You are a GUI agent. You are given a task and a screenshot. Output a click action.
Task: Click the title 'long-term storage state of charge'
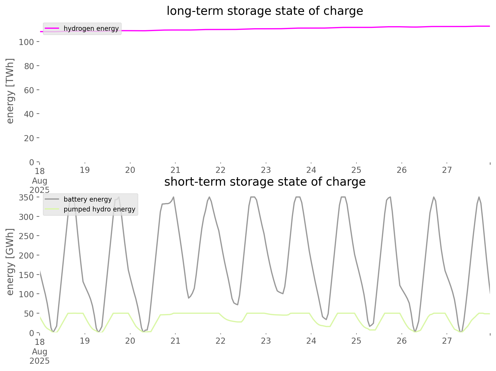(x=265, y=11)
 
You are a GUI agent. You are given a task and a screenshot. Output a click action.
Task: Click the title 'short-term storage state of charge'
(x=265, y=182)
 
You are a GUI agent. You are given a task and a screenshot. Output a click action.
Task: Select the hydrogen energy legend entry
(x=91, y=28)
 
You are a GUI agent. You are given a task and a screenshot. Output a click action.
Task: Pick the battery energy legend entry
(x=88, y=199)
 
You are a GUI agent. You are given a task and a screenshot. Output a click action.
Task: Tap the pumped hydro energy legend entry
(x=99, y=209)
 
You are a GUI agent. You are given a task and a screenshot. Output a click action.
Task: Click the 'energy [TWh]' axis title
(x=10, y=91)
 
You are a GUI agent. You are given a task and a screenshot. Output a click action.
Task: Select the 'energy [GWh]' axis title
(x=10, y=262)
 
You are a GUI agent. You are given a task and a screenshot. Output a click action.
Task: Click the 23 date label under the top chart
(x=266, y=170)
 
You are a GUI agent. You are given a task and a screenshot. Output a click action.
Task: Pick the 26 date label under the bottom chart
(x=402, y=340)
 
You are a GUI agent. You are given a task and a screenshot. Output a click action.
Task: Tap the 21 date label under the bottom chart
(x=175, y=340)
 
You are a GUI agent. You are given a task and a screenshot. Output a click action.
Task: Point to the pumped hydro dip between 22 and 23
(x=241, y=322)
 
